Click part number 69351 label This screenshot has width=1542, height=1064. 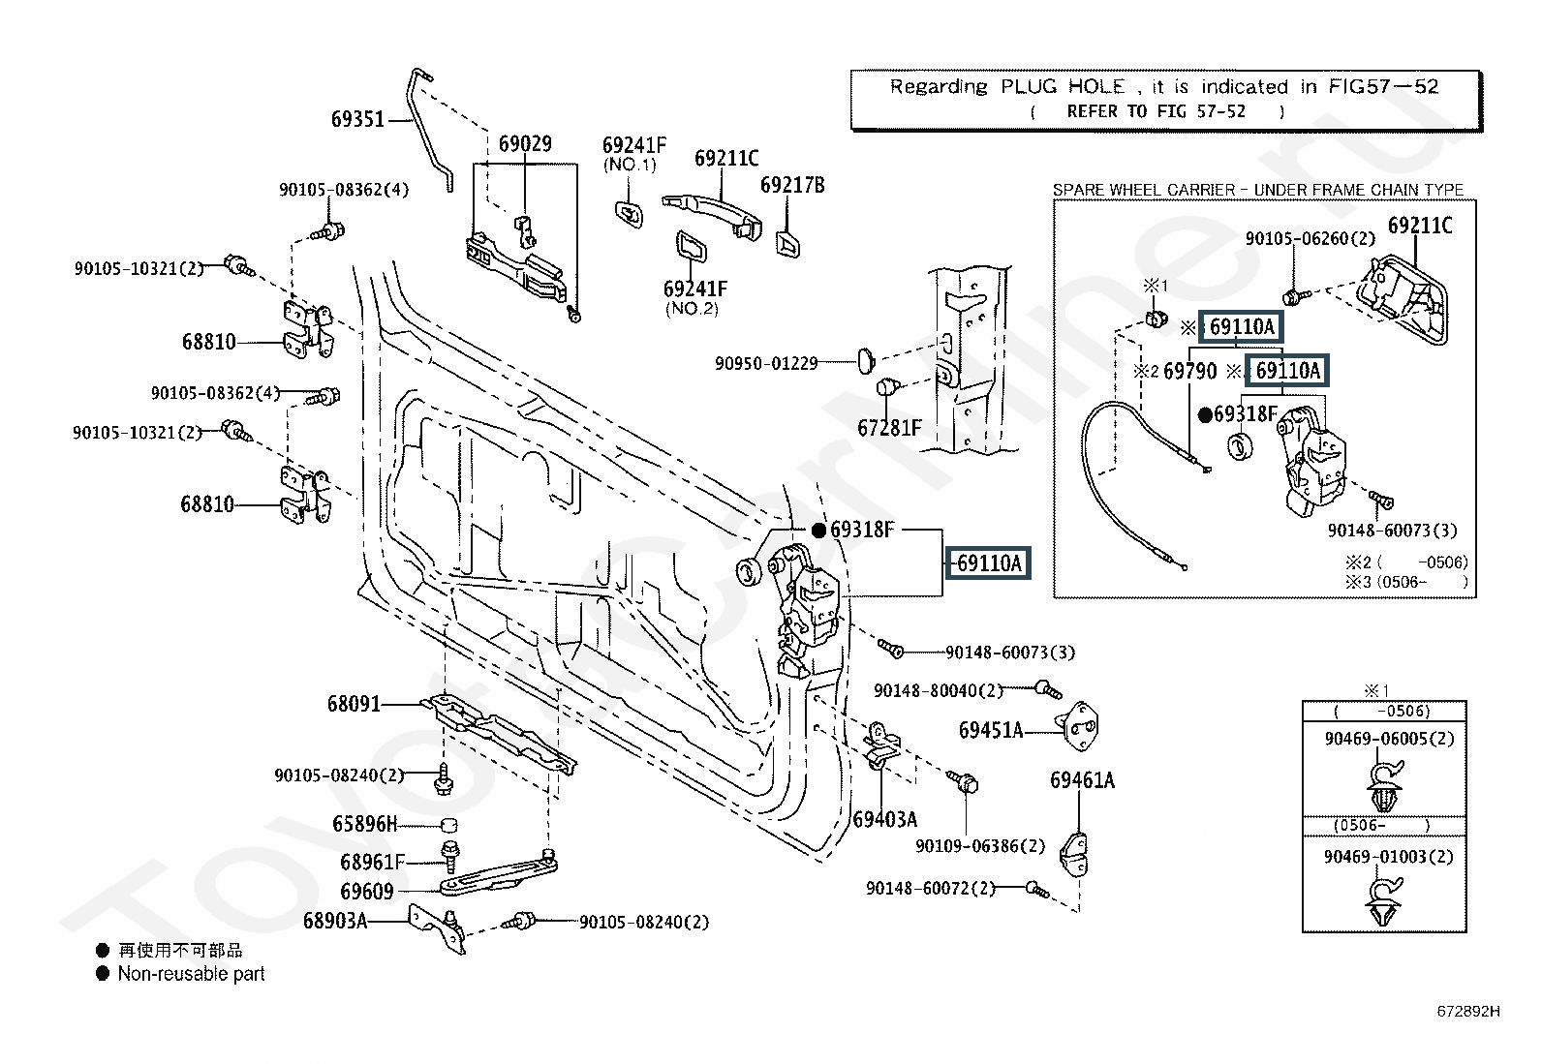[x=357, y=119]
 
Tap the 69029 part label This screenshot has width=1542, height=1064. [x=525, y=144]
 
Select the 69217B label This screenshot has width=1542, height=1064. [x=792, y=185]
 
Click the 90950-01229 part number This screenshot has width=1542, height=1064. [x=766, y=363]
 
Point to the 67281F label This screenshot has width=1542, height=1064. [x=889, y=428]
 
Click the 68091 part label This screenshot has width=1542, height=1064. [x=354, y=704]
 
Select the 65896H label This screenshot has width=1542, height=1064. [x=365, y=824]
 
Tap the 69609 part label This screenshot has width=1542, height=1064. [x=367, y=892]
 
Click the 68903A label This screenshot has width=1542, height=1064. [x=335, y=921]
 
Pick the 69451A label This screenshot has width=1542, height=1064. [x=991, y=730]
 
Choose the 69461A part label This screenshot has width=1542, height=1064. [x=1082, y=780]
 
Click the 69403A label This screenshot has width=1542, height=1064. [x=885, y=820]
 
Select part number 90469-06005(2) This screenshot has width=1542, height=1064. [x=1389, y=739]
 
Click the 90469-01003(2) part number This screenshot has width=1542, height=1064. [x=1389, y=857]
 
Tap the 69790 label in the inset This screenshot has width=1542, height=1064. [x=1190, y=372]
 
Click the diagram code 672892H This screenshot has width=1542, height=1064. [x=1468, y=1011]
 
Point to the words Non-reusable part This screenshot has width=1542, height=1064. [x=192, y=974]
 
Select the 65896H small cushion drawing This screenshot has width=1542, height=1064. [x=448, y=825]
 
